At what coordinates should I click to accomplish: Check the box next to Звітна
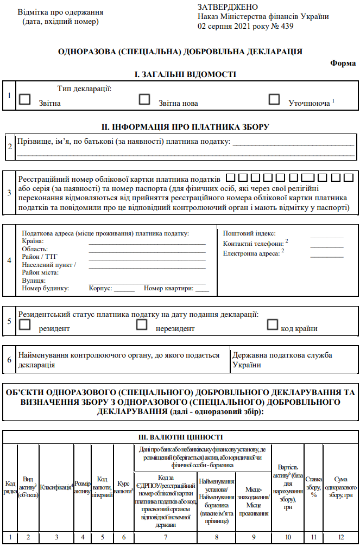click(24, 99)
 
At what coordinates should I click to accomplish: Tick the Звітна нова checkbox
click(144, 99)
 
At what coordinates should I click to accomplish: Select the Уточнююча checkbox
click(274, 99)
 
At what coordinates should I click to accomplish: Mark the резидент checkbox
click(24, 325)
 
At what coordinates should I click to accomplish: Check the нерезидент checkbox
click(142, 325)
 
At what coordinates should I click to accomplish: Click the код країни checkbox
click(273, 325)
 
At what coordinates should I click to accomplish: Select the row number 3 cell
click(9, 193)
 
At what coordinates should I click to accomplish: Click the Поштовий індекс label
click(249, 233)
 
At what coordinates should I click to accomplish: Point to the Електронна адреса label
click(251, 253)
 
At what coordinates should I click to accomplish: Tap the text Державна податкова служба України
click(282, 360)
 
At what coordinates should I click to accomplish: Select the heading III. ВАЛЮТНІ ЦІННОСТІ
click(180, 437)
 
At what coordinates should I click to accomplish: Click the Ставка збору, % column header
click(313, 483)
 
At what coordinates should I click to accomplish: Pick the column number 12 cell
click(340, 537)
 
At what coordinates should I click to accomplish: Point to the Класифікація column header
click(56, 484)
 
